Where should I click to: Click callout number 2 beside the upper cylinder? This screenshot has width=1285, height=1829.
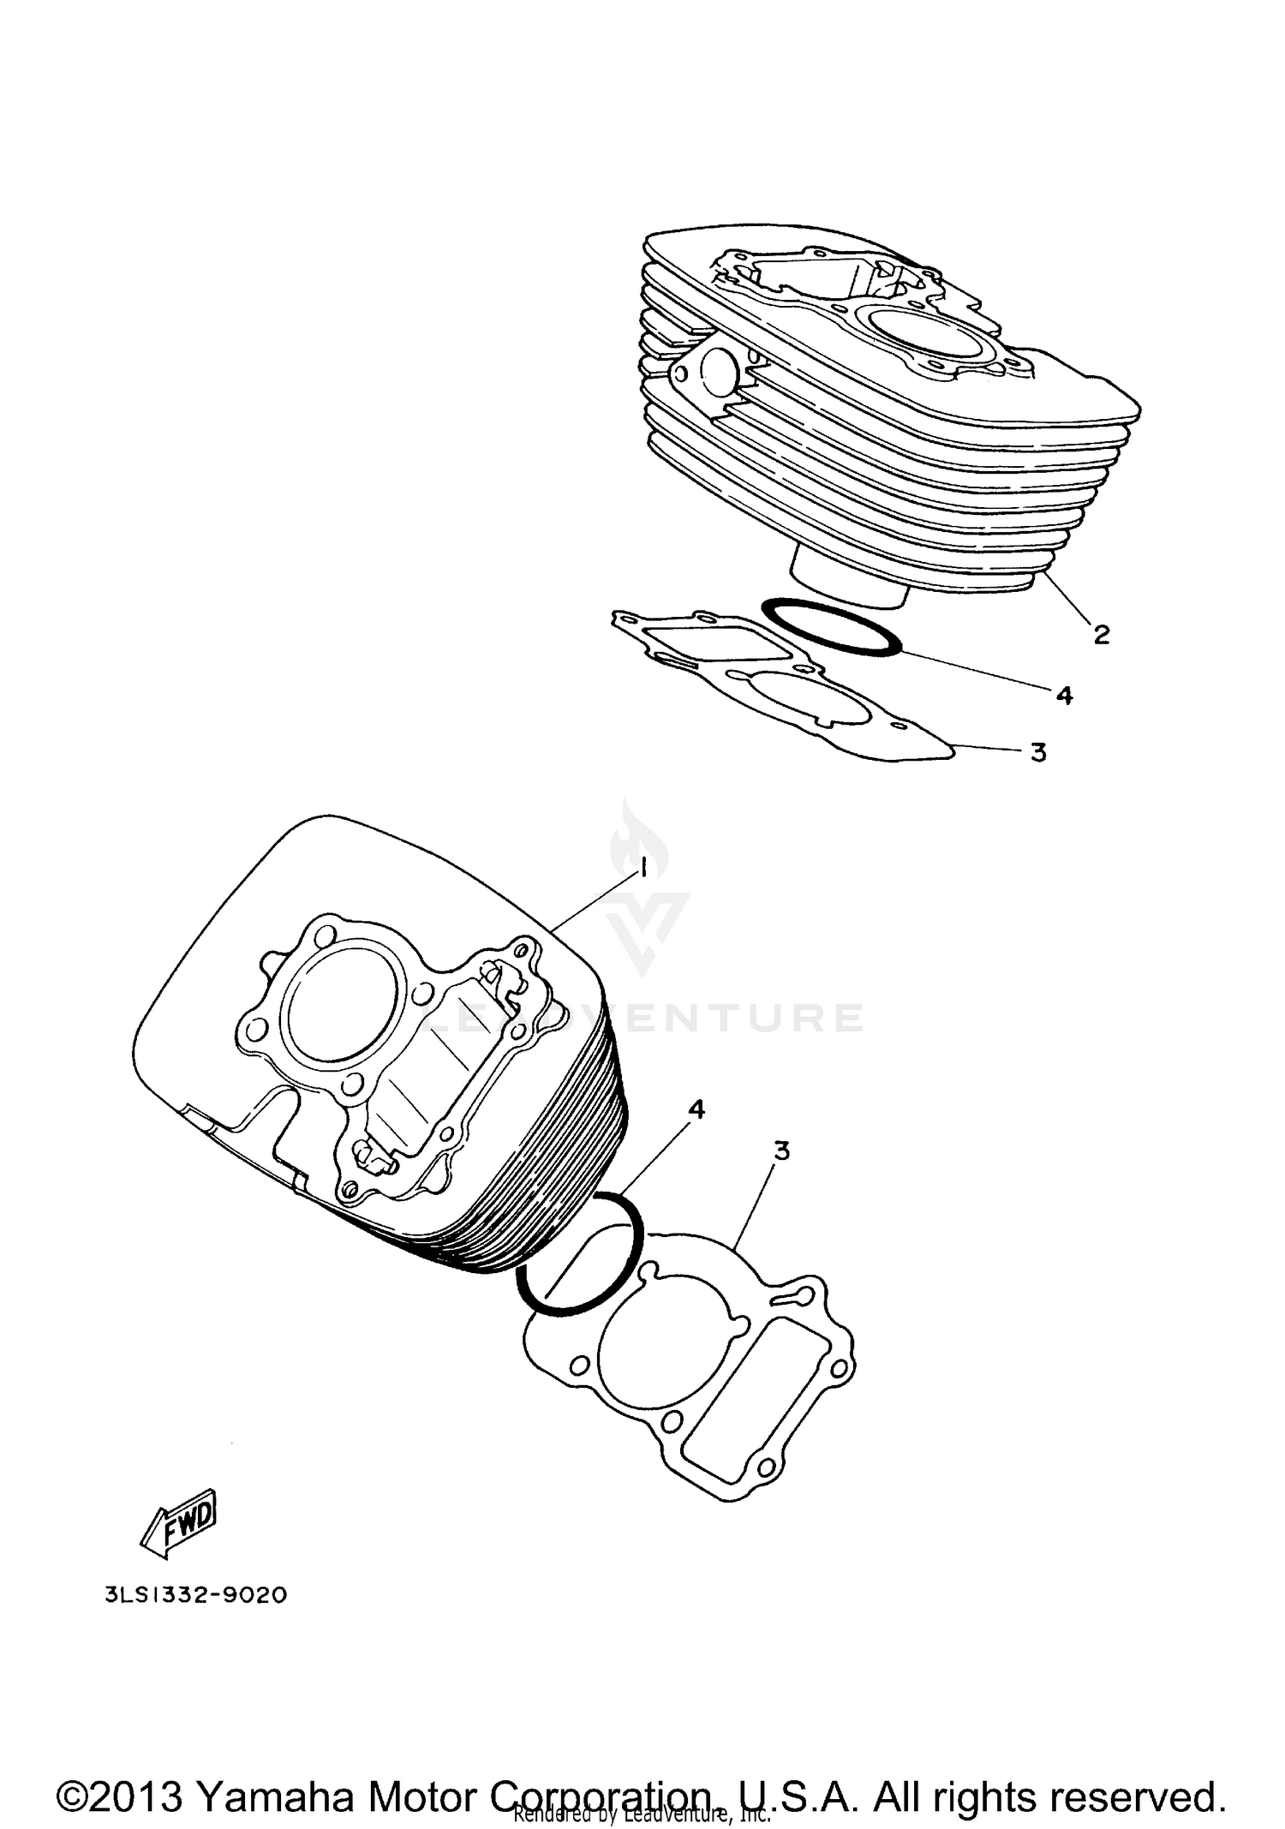1101,635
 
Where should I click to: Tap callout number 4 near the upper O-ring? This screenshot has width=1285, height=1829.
1064,695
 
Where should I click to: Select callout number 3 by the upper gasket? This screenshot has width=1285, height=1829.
1038,752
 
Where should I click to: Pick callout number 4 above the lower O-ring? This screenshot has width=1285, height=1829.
696,1109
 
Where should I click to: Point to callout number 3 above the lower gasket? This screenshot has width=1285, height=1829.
780,1151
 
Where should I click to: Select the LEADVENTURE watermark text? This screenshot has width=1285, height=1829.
651,1017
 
